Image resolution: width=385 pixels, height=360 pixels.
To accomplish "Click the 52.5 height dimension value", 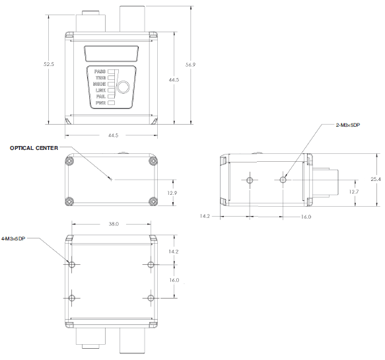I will pyautogui.click(x=48, y=64).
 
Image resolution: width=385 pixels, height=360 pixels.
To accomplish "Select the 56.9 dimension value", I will pyautogui.click(x=191, y=65).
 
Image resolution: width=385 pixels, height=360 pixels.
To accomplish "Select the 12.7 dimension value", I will pyautogui.click(x=353, y=192).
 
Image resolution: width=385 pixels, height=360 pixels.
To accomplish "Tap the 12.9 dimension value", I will pyautogui.click(x=172, y=193).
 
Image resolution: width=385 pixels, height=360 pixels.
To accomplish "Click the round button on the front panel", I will pyautogui.click(x=123, y=87).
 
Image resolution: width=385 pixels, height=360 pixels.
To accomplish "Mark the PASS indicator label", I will pyautogui.click(x=100, y=71).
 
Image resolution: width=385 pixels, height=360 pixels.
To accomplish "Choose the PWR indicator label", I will pyautogui.click(x=101, y=103).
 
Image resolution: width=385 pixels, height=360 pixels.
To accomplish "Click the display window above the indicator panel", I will pyautogui.click(x=111, y=52).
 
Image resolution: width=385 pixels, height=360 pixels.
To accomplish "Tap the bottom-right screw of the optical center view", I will pyautogui.click(x=154, y=201).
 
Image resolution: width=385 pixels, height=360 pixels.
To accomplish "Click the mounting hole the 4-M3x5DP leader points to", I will pyautogui.click(x=73, y=264).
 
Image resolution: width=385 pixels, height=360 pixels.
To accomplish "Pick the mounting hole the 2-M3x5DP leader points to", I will pyautogui.click(x=283, y=179).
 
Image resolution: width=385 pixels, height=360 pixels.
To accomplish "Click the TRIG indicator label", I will pyautogui.click(x=100, y=78).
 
